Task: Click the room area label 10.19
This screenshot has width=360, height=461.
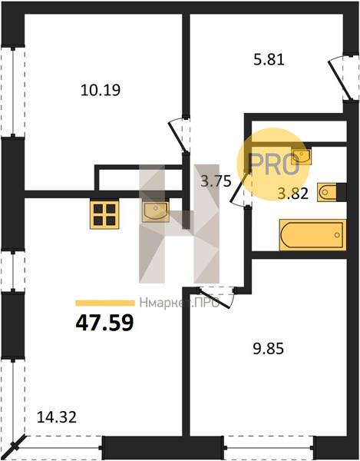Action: (101, 90)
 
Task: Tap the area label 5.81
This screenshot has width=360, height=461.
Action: (269, 60)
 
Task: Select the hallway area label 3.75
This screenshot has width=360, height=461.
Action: (216, 181)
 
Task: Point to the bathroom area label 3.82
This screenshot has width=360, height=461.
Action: (293, 194)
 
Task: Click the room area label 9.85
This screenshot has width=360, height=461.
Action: (269, 349)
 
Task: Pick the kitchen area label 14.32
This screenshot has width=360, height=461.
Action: (57, 417)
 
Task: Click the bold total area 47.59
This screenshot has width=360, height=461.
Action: (105, 323)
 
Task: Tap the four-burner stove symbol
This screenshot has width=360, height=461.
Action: (104, 214)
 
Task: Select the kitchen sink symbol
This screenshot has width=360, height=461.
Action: (156, 211)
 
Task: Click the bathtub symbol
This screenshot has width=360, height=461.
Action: (313, 235)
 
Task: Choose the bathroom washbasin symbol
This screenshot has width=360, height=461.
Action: (301, 157)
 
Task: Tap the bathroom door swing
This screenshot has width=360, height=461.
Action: (239, 188)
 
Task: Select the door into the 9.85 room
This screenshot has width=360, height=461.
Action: (216, 297)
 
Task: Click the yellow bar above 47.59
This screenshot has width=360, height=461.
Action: (105, 303)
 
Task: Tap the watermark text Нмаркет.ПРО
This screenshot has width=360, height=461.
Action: (179, 303)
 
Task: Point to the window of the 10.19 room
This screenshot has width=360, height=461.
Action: (13, 91)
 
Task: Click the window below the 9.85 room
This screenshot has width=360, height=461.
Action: (269, 447)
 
